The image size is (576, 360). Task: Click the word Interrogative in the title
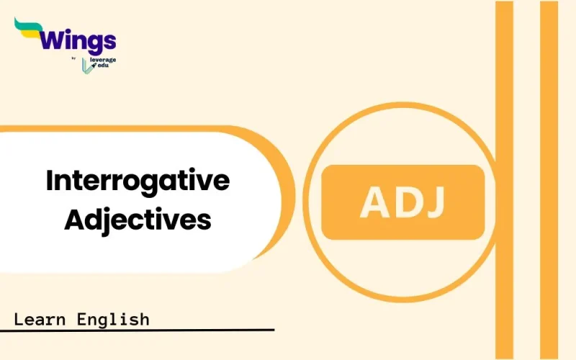point(138,181)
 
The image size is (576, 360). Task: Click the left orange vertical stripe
point(504,180)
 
